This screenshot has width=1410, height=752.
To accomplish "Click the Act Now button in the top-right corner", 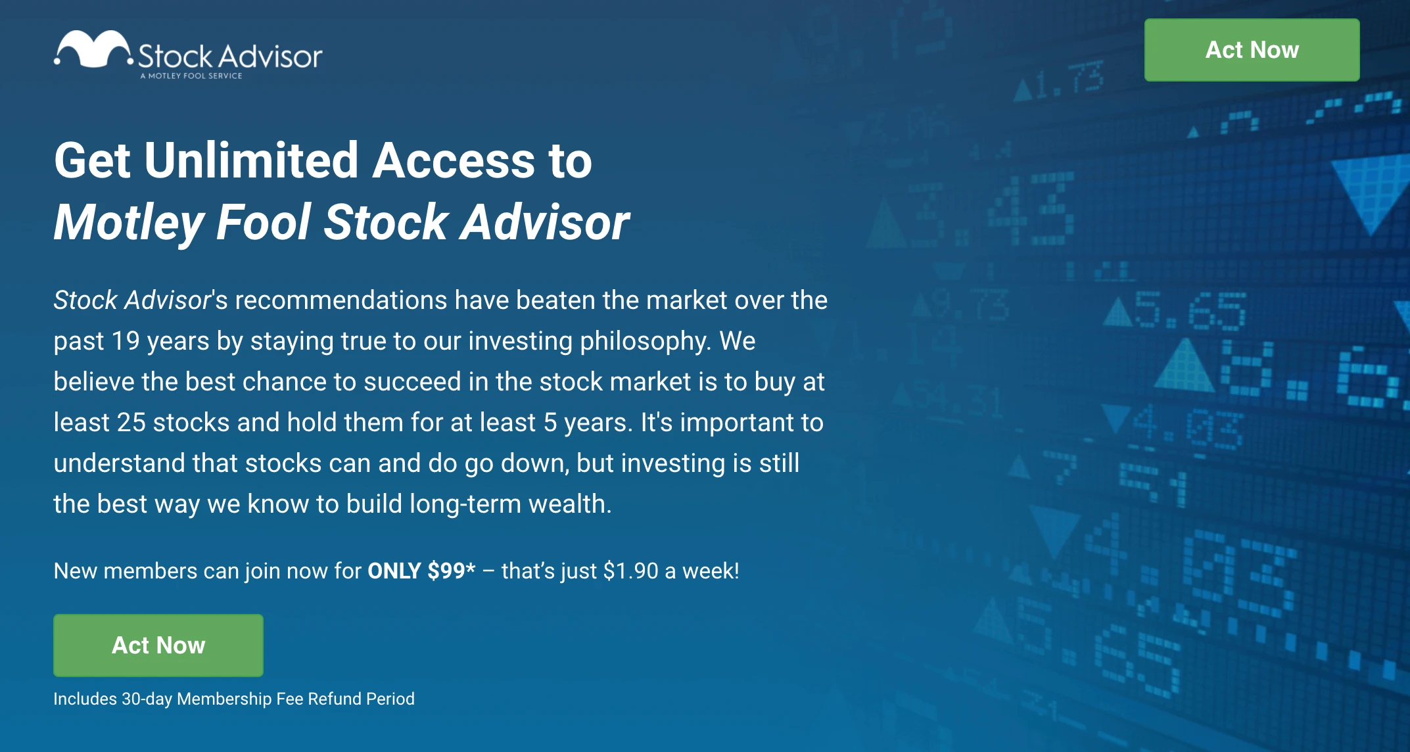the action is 1252,50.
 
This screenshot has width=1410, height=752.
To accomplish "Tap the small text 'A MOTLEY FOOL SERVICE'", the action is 191,76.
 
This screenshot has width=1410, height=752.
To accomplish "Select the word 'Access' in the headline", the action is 454,160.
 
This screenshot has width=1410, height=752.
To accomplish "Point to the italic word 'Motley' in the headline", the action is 129,223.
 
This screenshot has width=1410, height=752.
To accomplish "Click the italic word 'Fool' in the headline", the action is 264,222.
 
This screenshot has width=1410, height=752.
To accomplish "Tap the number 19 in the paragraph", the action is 125,341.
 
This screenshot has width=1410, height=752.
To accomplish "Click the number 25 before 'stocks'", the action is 131,423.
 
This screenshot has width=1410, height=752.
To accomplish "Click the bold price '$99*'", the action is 451,571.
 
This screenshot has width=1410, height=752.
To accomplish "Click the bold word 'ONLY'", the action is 394,571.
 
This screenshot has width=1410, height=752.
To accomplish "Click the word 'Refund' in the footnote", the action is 335,699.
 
